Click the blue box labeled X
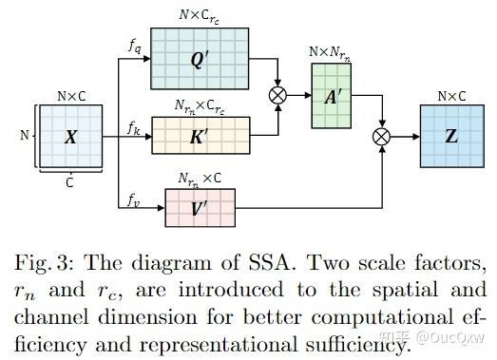pos(70,137)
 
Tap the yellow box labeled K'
pos(199,135)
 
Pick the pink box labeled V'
pos(199,207)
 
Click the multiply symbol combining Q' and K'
pos(278,95)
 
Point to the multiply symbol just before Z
pos(382,137)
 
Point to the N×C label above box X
pos(71,96)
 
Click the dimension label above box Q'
pos(199,16)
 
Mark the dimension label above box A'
pos(329,52)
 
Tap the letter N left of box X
pos(24,136)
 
